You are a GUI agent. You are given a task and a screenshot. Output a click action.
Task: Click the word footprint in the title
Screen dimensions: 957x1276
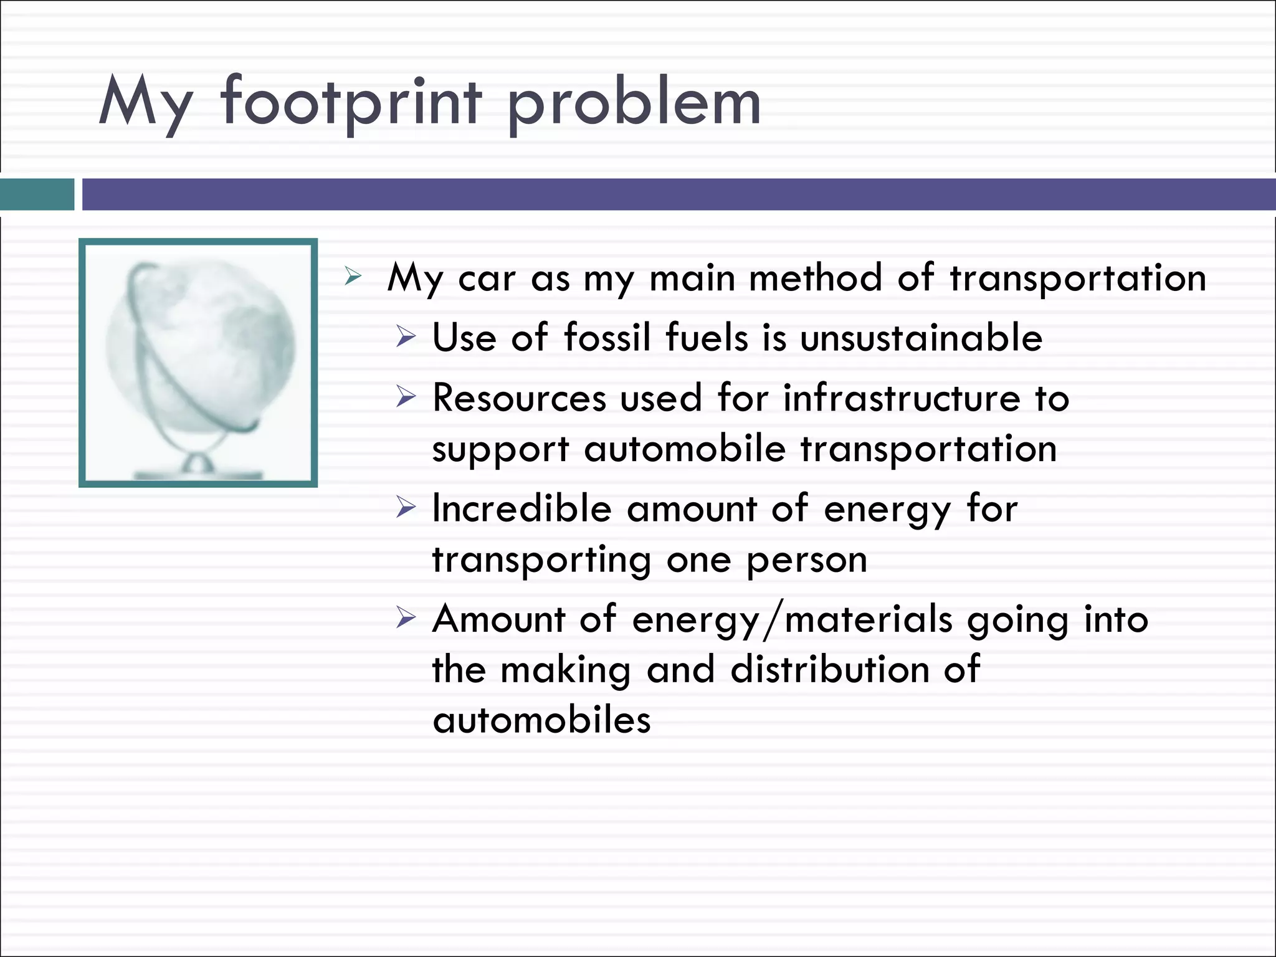click(351, 103)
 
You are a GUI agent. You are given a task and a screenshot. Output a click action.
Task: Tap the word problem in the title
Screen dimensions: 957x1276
click(634, 103)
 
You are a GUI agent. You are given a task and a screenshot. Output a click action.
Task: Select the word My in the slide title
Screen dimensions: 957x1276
click(145, 103)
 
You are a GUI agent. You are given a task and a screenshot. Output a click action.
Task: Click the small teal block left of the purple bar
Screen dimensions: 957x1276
click(37, 194)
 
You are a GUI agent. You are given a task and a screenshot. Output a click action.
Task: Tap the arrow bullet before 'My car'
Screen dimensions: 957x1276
click(353, 277)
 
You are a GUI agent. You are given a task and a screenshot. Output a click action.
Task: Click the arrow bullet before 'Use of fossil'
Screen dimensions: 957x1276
click(405, 338)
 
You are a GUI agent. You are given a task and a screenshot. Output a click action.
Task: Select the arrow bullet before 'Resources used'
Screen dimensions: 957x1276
click(405, 397)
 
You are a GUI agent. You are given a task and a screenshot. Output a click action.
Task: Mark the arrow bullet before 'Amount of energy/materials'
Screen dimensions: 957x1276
click(405, 618)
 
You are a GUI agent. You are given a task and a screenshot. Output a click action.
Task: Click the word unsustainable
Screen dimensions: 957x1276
click(921, 338)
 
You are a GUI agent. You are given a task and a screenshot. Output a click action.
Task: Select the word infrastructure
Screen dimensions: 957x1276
click(901, 398)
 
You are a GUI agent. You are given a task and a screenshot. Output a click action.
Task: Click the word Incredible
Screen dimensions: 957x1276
click(521, 508)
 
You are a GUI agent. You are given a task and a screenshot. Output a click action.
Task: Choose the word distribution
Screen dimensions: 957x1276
click(829, 670)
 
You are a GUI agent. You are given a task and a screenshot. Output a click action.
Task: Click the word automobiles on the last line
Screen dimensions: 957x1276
click(541, 720)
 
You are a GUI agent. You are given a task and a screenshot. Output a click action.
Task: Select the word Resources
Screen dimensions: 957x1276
click(519, 398)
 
